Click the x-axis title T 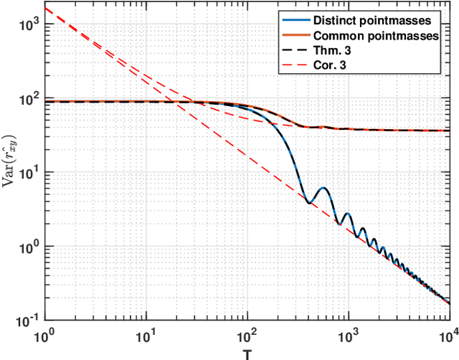(247, 353)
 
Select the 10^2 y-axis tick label (30, 99)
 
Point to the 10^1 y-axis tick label (30, 173)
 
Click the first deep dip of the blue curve (309, 202)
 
